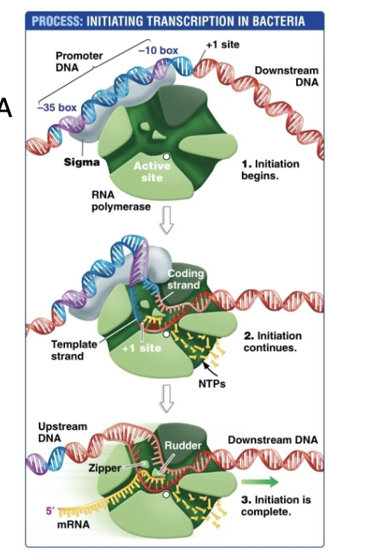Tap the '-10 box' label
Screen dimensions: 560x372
click(158, 50)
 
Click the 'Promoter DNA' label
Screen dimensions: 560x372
click(76, 62)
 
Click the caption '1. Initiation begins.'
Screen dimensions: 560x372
click(270, 169)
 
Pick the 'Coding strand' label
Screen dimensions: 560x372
click(184, 281)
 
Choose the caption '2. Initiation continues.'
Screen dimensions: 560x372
click(272, 341)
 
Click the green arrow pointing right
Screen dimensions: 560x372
click(259, 482)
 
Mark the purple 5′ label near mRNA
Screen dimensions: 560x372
click(48, 510)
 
